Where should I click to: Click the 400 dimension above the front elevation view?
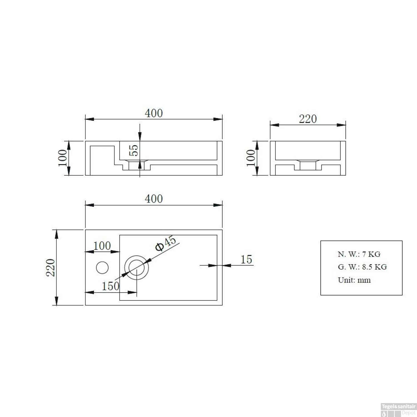tap(154, 113)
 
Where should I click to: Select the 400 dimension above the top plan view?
tap(154, 199)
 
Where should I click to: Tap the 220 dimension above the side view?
tap(308, 119)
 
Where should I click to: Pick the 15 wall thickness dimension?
tap(246, 259)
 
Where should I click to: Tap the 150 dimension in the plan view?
tap(110, 286)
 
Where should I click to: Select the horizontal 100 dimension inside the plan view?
tap(102, 246)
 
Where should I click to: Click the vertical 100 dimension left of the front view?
tap(63, 158)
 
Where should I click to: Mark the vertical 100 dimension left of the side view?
tap(251, 158)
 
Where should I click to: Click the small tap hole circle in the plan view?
tap(102, 267)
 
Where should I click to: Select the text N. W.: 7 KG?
tap(359, 254)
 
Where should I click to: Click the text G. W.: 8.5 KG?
tap(362, 267)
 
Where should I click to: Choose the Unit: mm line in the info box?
tap(354, 280)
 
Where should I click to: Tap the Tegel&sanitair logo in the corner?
tap(398, 410)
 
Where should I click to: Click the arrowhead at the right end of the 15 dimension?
tap(226, 265)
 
